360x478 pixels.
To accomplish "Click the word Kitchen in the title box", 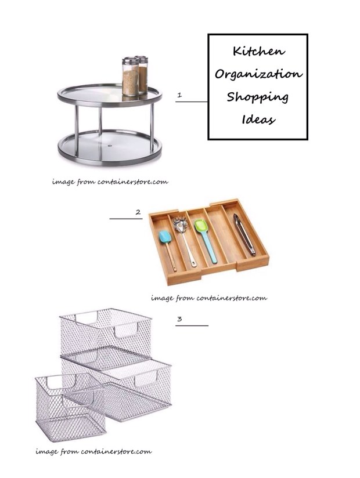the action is pyautogui.click(x=259, y=51).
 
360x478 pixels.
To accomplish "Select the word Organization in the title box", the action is pyautogui.click(x=259, y=74).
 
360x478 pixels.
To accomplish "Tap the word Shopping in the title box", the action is pyautogui.click(x=257, y=97).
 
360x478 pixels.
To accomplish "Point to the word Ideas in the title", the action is pyautogui.click(x=259, y=119).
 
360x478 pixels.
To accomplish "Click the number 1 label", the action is pyautogui.click(x=179, y=95).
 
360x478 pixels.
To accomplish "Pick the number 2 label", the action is pyautogui.click(x=138, y=212).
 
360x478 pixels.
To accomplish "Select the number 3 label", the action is pyautogui.click(x=179, y=319).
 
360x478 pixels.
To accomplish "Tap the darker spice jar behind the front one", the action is pyautogui.click(x=142, y=74).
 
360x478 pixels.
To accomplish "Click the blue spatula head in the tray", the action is pyautogui.click(x=165, y=237).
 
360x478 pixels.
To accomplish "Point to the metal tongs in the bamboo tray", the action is pyautogui.click(x=244, y=234).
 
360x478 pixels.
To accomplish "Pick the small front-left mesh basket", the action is pyautogui.click(x=70, y=407).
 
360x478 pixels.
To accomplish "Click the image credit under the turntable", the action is pyautogui.click(x=110, y=182).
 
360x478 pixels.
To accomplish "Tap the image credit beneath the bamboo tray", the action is pyautogui.click(x=209, y=298).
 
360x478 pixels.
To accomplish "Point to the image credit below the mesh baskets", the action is pyautogui.click(x=93, y=451).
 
